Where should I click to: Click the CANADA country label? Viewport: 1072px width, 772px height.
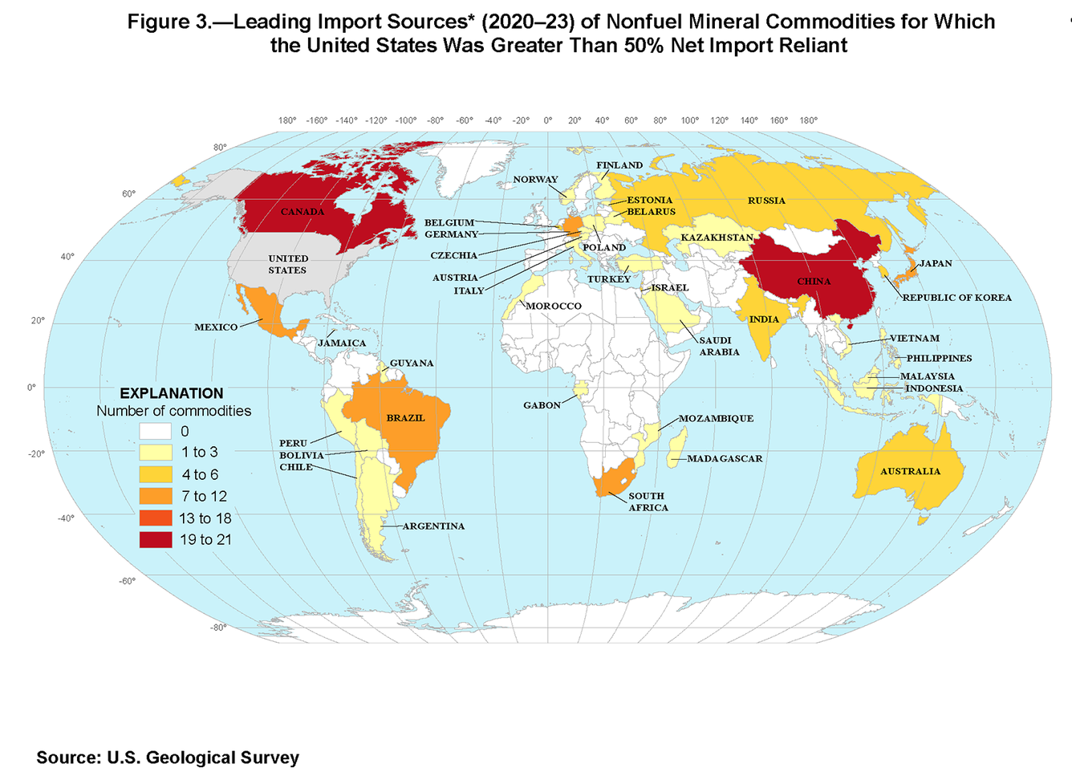coord(303,212)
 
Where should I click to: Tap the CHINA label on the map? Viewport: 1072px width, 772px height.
coord(814,282)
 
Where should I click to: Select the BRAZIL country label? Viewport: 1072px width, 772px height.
coord(405,418)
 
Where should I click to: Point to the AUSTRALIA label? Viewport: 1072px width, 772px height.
coord(910,471)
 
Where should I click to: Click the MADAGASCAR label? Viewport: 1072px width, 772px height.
coord(724,459)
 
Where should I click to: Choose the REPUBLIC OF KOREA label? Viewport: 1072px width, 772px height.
coord(956,298)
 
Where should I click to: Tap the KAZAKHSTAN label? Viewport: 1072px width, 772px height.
coord(717,238)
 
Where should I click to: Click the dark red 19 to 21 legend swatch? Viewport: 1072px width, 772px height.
coord(156,540)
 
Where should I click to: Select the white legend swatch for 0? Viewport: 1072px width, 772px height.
coord(156,432)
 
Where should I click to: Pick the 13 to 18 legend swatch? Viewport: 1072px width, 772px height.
coord(156,518)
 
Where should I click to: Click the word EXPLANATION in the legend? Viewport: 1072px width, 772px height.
coord(172,393)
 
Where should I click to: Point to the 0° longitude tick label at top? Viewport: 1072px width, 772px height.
coord(548,120)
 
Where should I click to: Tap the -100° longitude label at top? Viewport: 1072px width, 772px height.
coord(405,120)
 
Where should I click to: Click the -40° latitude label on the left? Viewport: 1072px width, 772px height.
coord(66,518)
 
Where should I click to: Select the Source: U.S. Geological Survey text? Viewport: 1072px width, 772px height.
coord(168,758)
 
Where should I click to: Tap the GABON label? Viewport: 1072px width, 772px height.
coord(542,405)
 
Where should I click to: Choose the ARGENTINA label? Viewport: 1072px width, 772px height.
coord(433,526)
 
